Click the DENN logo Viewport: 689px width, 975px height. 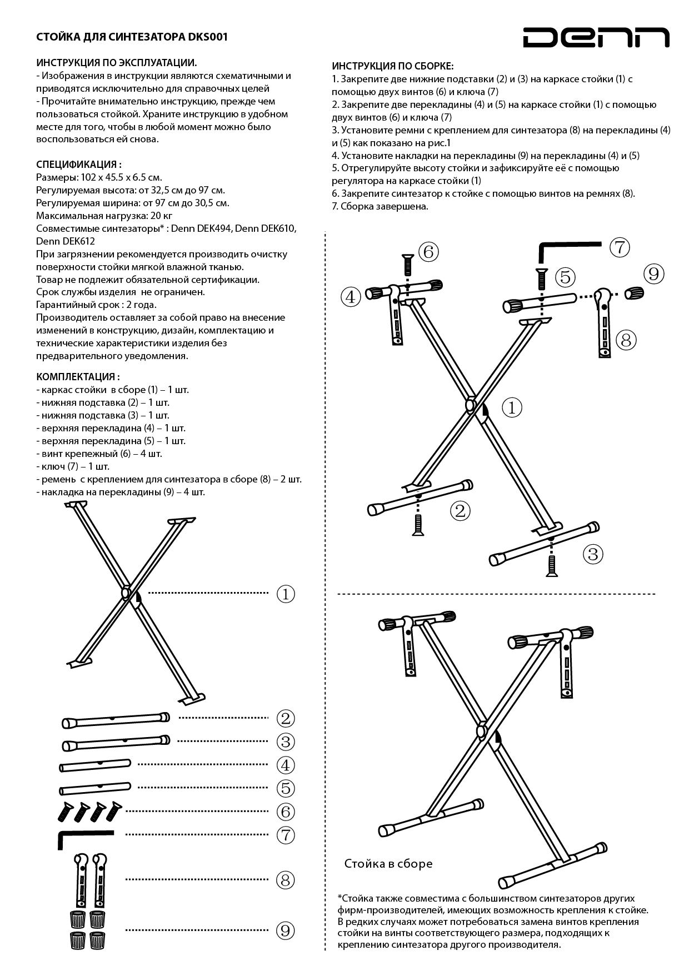pyautogui.click(x=596, y=38)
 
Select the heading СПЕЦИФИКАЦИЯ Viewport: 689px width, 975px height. pyautogui.click(x=78, y=165)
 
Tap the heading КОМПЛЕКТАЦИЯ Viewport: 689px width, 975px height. pyautogui.click(x=78, y=377)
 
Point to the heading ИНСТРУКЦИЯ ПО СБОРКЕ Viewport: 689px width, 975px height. pyautogui.click(x=392, y=66)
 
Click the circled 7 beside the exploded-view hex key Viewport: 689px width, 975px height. pyautogui.click(x=620, y=247)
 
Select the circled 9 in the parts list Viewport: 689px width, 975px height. pyautogui.click(x=286, y=930)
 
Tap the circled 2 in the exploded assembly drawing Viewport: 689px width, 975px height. pyautogui.click(x=460, y=510)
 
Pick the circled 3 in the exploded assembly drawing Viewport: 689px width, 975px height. pyautogui.click(x=593, y=554)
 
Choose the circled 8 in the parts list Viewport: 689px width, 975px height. pyautogui.click(x=286, y=880)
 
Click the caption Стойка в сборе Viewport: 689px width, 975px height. pyautogui.click(x=388, y=863)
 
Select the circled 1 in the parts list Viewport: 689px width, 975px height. pyautogui.click(x=286, y=594)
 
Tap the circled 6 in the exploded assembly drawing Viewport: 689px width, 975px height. pyautogui.click(x=428, y=252)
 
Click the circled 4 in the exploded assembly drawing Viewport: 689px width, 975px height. pyautogui.click(x=350, y=297)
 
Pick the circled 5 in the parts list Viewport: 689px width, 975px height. pyautogui.click(x=286, y=788)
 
